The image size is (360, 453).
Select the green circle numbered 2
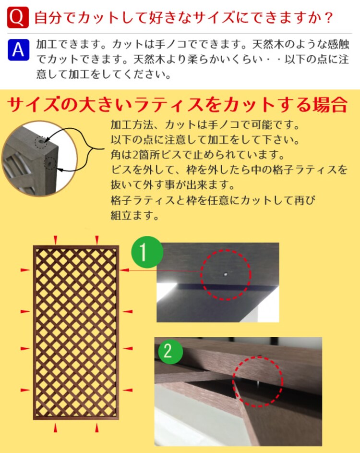pos(168,351)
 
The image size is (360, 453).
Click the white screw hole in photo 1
pos(225,274)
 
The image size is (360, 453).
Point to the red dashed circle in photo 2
pos(258,381)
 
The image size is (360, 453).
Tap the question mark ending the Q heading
pos(328,18)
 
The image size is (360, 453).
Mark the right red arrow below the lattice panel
pos(97,427)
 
